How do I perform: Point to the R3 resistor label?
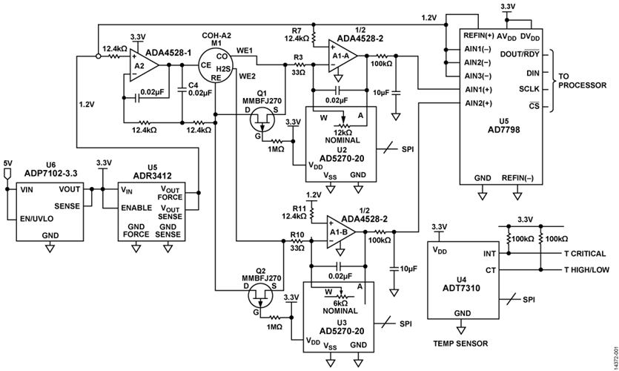(297, 56)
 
